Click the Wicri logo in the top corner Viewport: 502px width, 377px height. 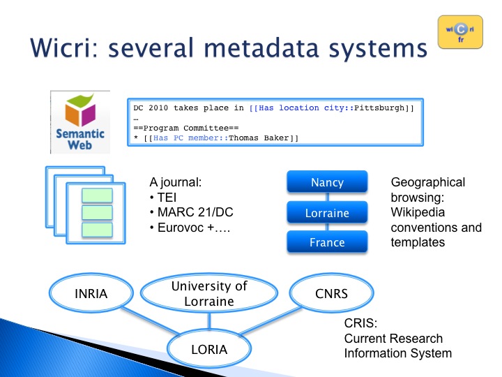click(x=460, y=32)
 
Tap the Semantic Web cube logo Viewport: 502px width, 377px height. click(x=80, y=122)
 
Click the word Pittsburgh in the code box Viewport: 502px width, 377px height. click(x=379, y=108)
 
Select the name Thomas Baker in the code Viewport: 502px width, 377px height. click(x=259, y=138)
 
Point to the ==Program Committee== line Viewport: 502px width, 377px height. click(x=186, y=128)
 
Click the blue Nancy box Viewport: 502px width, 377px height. click(x=327, y=182)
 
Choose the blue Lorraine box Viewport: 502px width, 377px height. click(x=327, y=212)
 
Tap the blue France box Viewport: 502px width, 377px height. click(x=327, y=242)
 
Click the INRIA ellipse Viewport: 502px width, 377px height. click(x=91, y=293)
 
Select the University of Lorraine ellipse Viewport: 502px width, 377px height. click(x=209, y=293)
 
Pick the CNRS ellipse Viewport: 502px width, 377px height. click(x=331, y=293)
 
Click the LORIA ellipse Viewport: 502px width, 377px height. click(x=209, y=349)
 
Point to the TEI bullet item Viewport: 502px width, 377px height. click(x=163, y=197)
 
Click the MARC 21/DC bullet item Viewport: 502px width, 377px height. click(x=192, y=212)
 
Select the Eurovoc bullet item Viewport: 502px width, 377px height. click(x=190, y=228)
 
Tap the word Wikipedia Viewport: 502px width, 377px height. click(x=418, y=212)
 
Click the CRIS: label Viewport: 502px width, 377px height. click(x=360, y=323)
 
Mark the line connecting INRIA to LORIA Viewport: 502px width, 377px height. click(x=150, y=320)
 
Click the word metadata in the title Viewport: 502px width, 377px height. click(x=261, y=48)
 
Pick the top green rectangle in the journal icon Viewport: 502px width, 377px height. click(x=97, y=195)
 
